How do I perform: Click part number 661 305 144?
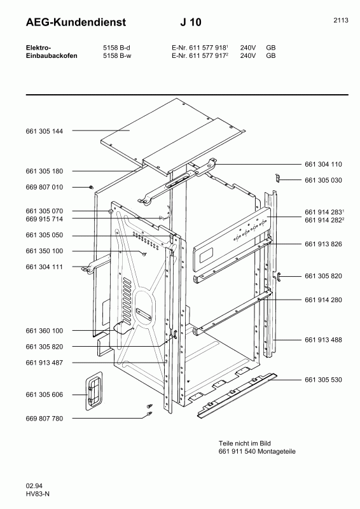pyautogui.click(x=44, y=130)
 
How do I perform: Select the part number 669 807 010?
pyautogui.click(x=44, y=187)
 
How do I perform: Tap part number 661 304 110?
pyautogui.click(x=323, y=163)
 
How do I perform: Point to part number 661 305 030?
pyautogui.click(x=323, y=180)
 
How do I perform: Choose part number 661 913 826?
pyautogui.click(x=323, y=244)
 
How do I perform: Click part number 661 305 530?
pyautogui.click(x=323, y=380)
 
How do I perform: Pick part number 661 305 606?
pyautogui.click(x=44, y=395)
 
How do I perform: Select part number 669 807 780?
pyautogui.click(x=44, y=419)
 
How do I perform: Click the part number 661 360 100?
pyautogui.click(x=44, y=331)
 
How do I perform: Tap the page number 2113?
pyautogui.click(x=340, y=20)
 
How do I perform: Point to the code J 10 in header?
pyautogui.click(x=191, y=22)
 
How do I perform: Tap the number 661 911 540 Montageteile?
pyautogui.click(x=257, y=452)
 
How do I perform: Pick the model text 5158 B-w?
pyautogui.click(x=116, y=55)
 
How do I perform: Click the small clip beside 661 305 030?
pyautogui.click(x=278, y=177)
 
